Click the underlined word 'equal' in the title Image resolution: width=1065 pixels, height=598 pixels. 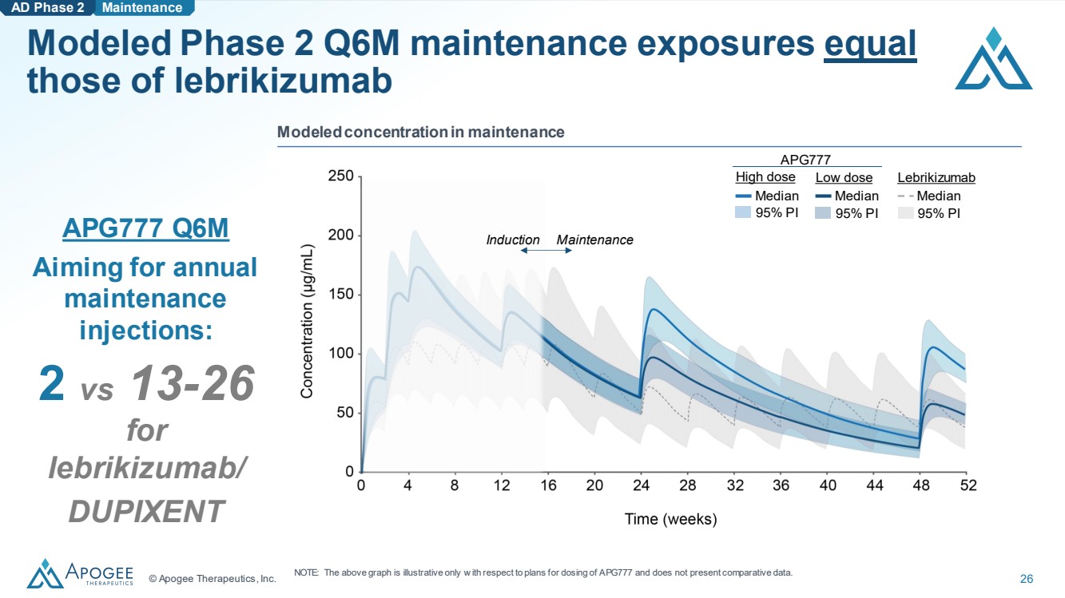click(870, 44)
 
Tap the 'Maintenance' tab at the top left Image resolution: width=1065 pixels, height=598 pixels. click(142, 8)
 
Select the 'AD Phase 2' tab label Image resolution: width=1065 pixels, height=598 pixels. click(48, 8)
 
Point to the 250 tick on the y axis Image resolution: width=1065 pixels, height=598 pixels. click(341, 176)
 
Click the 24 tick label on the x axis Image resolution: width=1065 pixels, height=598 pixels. click(641, 485)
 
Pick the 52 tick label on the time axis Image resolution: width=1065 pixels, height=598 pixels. click(968, 485)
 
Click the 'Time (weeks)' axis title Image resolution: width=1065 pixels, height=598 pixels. click(670, 519)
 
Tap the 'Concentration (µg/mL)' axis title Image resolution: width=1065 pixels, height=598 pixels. click(307, 321)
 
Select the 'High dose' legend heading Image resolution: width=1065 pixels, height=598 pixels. click(765, 176)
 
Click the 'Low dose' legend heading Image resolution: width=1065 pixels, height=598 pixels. click(844, 177)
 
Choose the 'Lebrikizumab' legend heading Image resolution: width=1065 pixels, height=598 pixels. click(936, 177)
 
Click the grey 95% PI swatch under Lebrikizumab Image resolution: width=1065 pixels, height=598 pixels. click(906, 213)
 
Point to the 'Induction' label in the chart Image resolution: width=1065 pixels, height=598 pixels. click(513, 240)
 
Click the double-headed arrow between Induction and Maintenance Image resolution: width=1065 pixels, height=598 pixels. click(546, 251)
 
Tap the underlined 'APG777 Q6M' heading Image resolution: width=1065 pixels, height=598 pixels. click(145, 228)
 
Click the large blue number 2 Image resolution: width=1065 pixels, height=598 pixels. click(51, 383)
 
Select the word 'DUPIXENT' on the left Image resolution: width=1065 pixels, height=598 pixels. click(146, 511)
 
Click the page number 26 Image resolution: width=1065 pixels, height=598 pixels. click(1027, 579)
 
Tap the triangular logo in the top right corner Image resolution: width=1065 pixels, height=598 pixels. click(994, 58)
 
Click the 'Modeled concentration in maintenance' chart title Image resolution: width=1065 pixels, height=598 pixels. click(421, 132)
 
